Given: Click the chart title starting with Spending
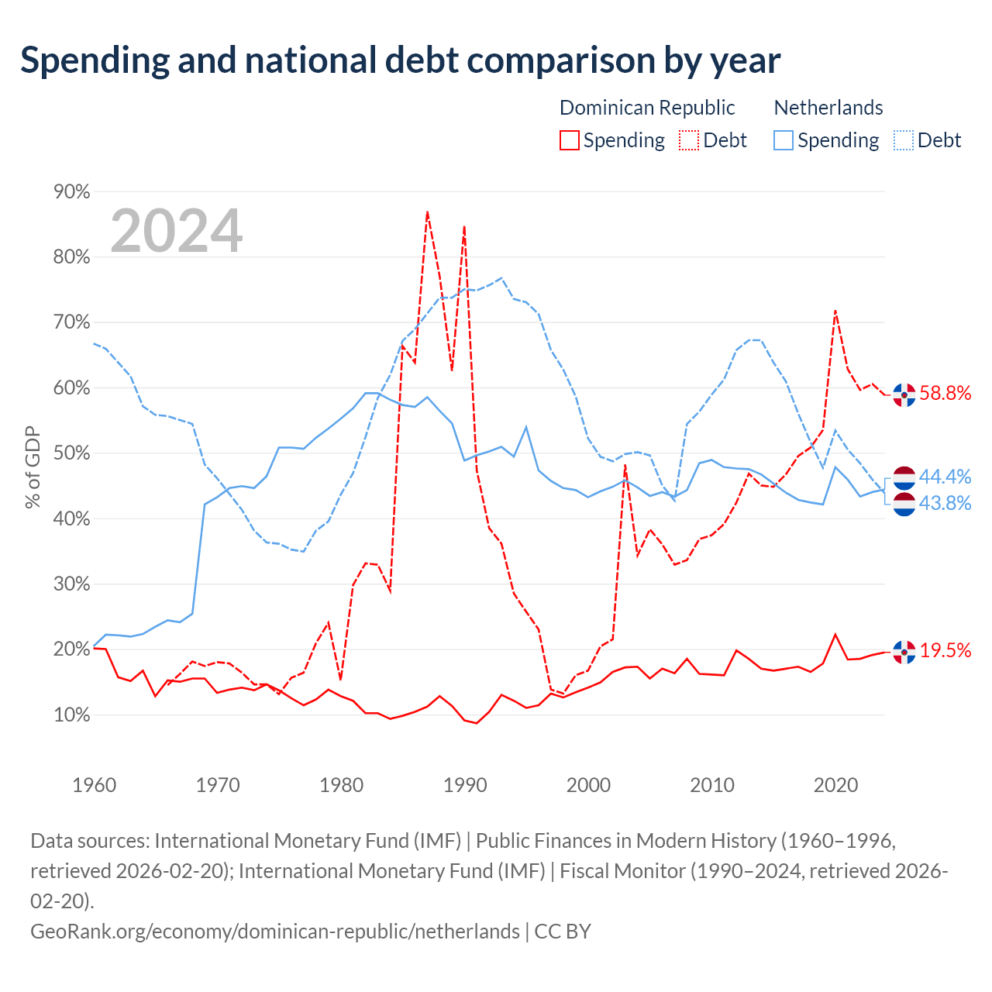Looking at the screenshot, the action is click(400, 60).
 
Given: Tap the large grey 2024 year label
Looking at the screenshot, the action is click(176, 231).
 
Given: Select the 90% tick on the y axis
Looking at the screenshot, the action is click(71, 191).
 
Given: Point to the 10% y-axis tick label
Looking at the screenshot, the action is click(71, 715).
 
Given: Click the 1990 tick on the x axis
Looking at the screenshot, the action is click(464, 784).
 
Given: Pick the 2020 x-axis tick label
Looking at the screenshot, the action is click(835, 784).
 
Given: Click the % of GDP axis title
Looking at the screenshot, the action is click(32, 467).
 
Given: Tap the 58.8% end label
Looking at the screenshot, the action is click(945, 393).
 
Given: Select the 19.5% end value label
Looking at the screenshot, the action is click(945, 650).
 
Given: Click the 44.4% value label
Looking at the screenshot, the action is click(945, 477).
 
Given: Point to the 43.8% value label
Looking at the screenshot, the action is click(945, 503).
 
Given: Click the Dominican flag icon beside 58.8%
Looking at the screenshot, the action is click(904, 394).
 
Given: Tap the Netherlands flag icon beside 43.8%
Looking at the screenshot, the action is click(904, 504).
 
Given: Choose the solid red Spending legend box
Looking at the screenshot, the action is click(570, 140).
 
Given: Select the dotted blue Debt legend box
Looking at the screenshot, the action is click(903, 140).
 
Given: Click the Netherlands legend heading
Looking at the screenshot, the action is click(828, 108).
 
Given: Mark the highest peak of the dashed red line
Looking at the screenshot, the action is click(427, 212).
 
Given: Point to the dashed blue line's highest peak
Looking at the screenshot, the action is click(501, 278).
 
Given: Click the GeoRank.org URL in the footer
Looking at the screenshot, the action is click(275, 932).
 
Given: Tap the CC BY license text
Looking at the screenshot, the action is click(563, 932).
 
